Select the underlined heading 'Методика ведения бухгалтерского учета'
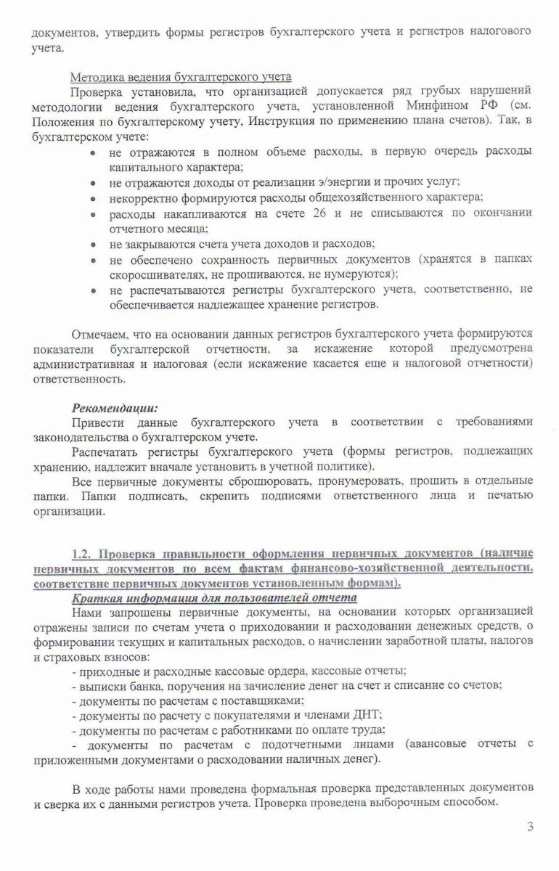(180, 77)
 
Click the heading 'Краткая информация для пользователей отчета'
(214, 598)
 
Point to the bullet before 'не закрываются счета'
(93, 244)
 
